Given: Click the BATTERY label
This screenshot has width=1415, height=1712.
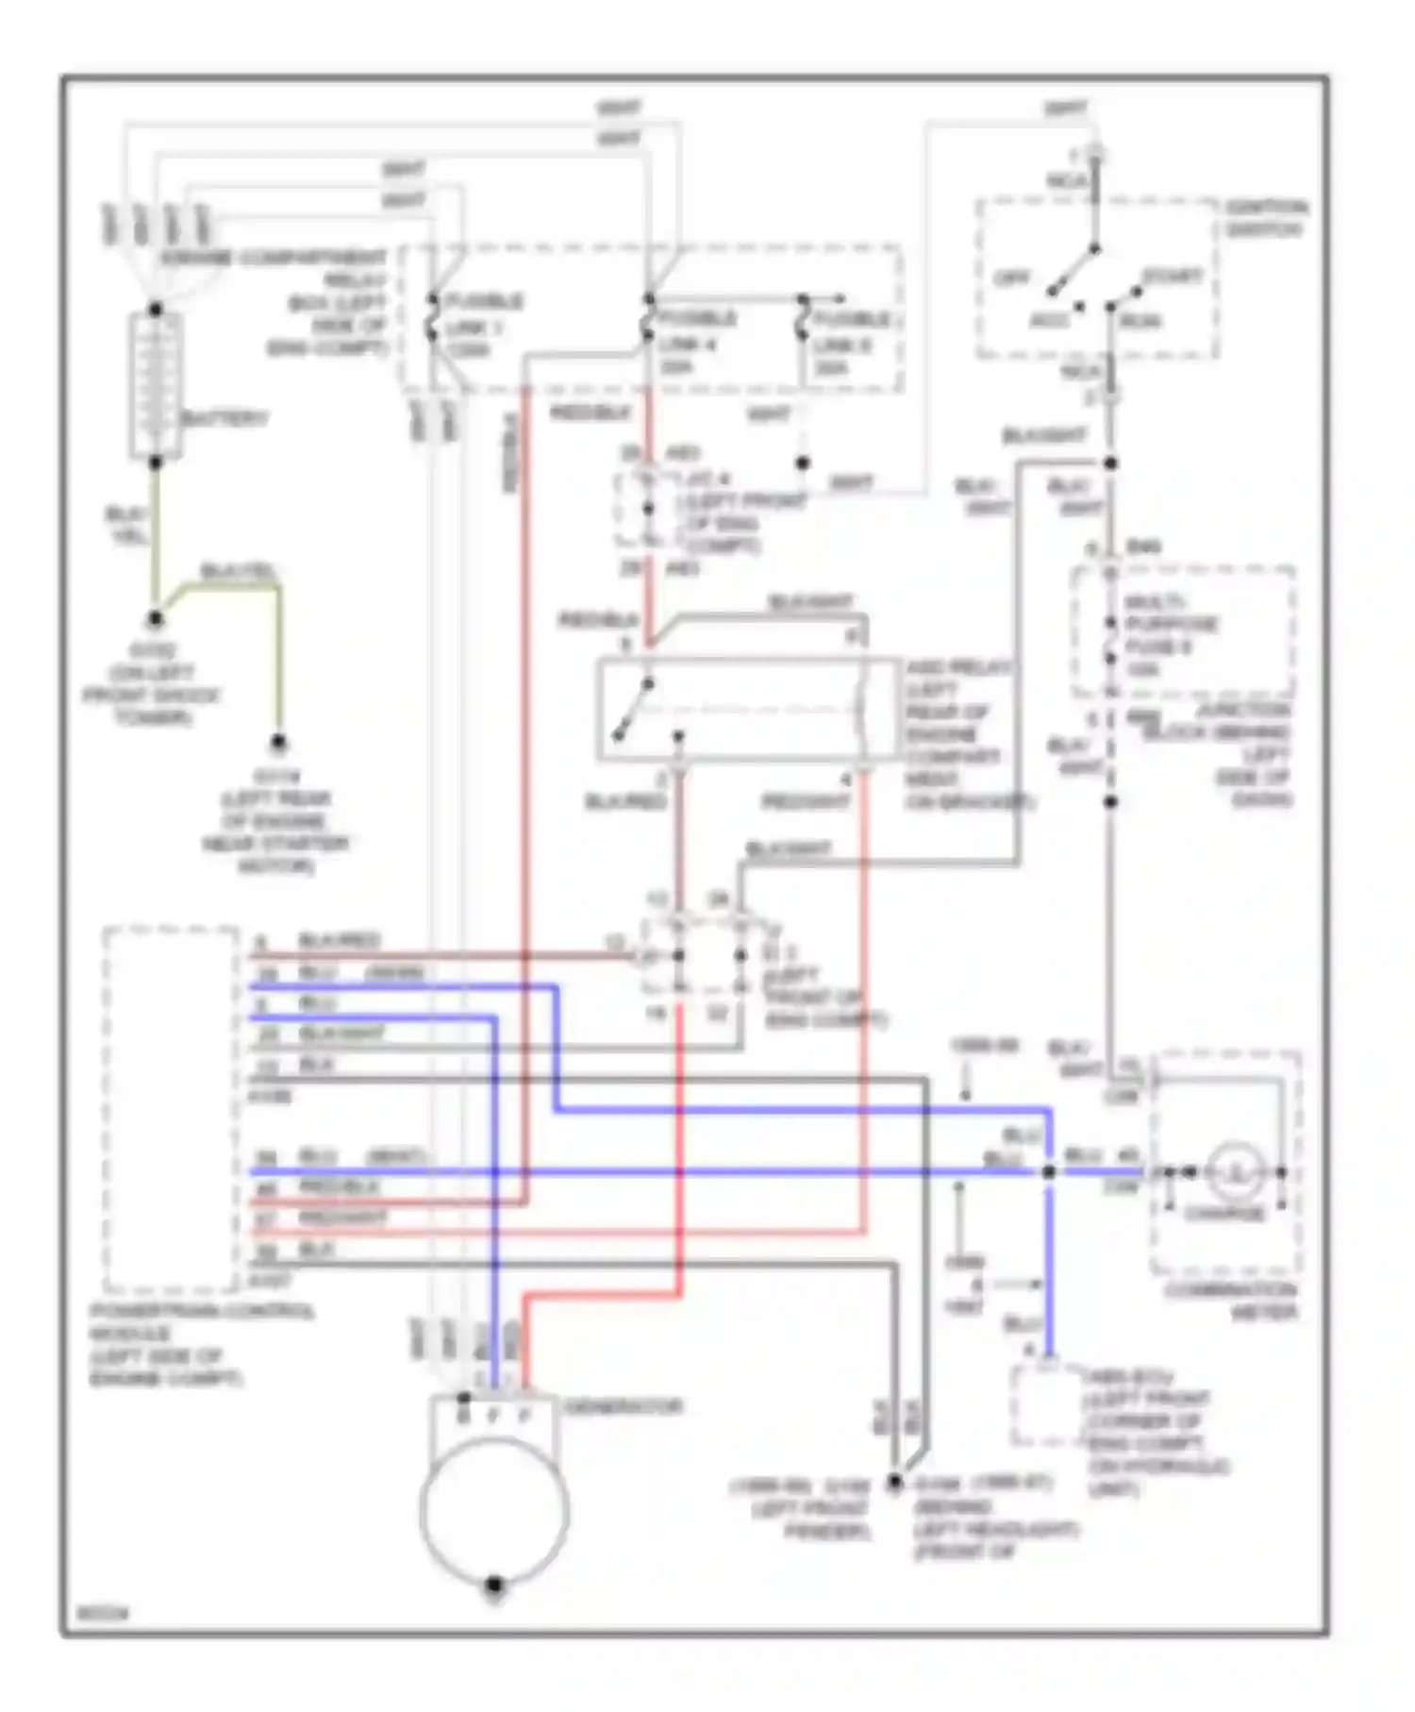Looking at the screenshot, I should click(224, 418).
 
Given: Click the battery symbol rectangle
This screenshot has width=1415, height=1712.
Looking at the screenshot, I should click(156, 385).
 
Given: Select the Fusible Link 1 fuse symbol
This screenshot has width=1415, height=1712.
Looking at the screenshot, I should click(432, 320).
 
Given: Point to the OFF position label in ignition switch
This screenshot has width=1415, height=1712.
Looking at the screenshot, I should click(1012, 278).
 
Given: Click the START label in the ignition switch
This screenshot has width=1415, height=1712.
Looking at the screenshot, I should click(1173, 277).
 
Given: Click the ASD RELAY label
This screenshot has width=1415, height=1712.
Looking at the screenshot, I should click(958, 667).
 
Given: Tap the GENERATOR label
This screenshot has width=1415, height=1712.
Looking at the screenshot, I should click(623, 1407).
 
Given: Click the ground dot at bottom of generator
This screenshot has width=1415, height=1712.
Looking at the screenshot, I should click(493, 1585).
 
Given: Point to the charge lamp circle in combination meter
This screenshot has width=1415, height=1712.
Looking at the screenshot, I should click(1235, 1171).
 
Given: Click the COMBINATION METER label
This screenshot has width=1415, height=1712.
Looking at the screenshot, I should click(1230, 1301).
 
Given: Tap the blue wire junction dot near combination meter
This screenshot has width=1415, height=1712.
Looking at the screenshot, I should click(1048, 1171).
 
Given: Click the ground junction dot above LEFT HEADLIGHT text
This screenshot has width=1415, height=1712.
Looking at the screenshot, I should click(893, 1483).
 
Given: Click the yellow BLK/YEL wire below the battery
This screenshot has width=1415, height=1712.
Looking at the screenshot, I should click(155, 538).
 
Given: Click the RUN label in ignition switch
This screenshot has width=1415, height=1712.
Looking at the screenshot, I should click(1140, 322).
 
